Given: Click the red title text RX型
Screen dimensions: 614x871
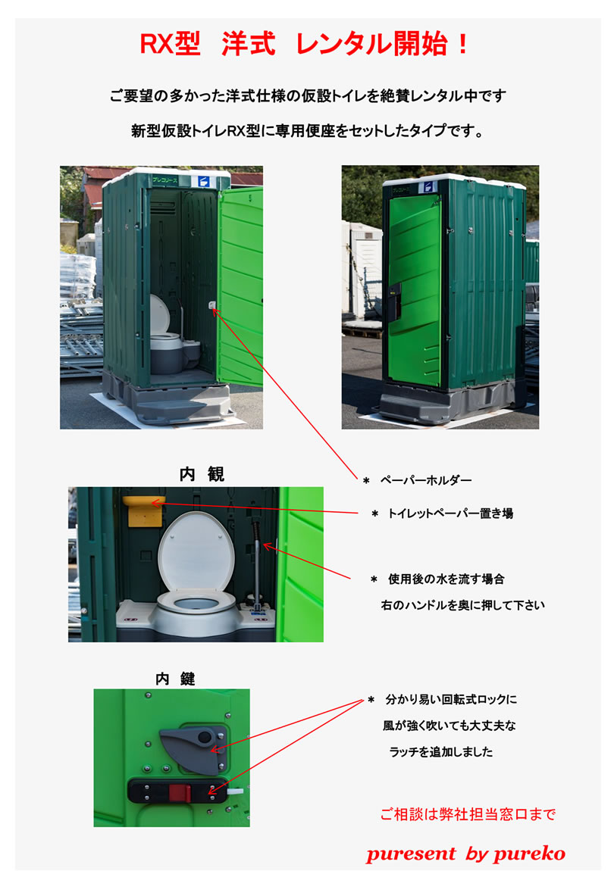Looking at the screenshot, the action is coord(170,45).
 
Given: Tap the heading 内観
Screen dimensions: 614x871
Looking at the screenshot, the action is coord(202,474).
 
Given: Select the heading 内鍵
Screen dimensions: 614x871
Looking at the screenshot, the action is coord(174,679).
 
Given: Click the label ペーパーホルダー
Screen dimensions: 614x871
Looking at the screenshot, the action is coord(426,480).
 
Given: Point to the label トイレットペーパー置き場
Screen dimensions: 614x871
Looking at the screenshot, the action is coord(450,514).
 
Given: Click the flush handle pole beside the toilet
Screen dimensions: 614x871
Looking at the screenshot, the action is coord(257,561).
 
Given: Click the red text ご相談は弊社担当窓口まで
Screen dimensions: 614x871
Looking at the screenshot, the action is coord(468,814).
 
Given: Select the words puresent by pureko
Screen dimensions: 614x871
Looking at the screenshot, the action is coord(465,854).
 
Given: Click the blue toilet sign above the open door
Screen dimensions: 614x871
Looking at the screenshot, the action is coord(203,182).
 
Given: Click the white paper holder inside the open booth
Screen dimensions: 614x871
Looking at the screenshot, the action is coord(212,305).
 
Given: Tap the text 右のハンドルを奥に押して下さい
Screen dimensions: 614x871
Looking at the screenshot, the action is coord(462,605).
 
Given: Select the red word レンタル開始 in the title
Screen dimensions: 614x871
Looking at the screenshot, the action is coord(371,45).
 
